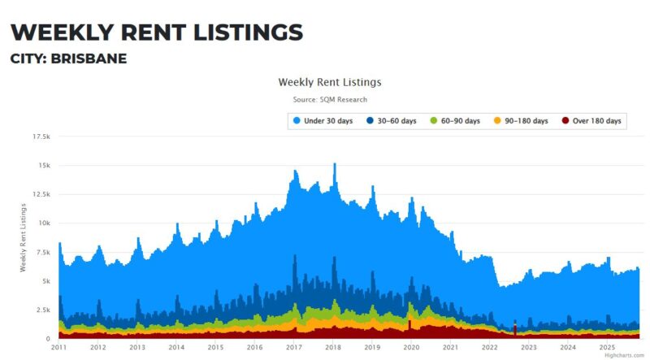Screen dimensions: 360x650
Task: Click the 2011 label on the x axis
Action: coord(58,347)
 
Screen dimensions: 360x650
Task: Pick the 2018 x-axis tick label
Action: coord(332,347)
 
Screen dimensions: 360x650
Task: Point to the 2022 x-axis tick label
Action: coord(489,347)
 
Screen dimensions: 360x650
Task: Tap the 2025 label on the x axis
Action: coord(606,347)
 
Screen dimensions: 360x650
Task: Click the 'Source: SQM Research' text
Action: coord(330,100)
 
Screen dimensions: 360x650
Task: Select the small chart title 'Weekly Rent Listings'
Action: coord(329,82)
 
